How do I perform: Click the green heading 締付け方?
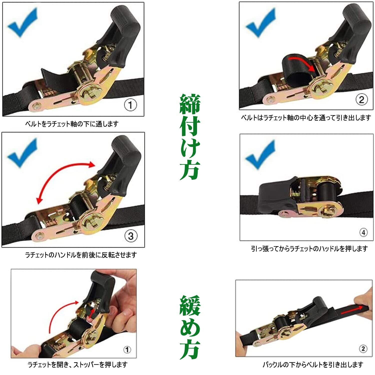pyautogui.click(x=190, y=137)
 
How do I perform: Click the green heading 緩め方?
pyautogui.click(x=190, y=327)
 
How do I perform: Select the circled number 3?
pyautogui.click(x=131, y=236)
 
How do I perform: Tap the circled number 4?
pyautogui.click(x=363, y=232)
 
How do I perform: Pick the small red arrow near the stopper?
pyautogui.click(x=92, y=313)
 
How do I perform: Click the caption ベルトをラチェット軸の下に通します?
pyautogui.click(x=72, y=124)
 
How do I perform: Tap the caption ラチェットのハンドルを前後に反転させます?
pyautogui.click(x=81, y=255)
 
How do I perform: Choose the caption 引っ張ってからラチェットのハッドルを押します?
pyautogui.click(x=309, y=249)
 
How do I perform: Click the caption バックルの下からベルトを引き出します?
pyautogui.click(x=313, y=365)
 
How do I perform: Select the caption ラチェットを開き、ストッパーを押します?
pyautogui.click(x=77, y=365)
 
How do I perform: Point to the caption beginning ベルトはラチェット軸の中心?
pyautogui.click(x=306, y=117)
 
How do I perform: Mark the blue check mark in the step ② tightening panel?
pyautogui.click(x=260, y=23)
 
